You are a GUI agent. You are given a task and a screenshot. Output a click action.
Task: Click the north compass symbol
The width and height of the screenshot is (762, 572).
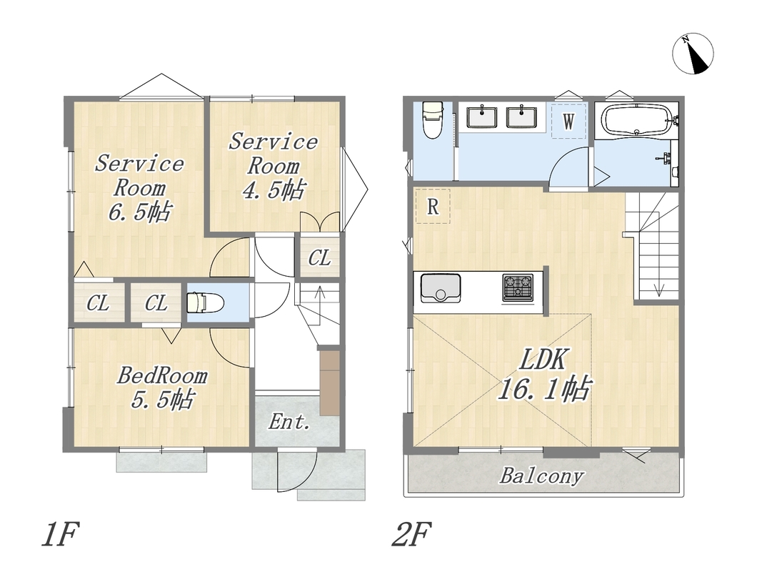point(693,54)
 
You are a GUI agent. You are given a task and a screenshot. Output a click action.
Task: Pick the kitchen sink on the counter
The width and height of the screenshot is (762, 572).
point(441,288)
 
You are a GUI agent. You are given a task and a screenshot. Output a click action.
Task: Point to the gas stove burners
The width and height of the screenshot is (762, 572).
point(518,287)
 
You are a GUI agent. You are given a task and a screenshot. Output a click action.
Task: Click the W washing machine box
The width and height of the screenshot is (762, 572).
point(569,121)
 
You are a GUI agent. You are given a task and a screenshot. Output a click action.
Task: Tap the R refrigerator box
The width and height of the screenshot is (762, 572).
point(432,206)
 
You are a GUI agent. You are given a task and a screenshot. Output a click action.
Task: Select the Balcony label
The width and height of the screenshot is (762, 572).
point(541,476)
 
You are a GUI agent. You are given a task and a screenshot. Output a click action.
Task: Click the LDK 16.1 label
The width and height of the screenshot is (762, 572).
point(543,375)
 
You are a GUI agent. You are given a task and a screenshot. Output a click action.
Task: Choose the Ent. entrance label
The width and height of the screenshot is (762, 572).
point(289,421)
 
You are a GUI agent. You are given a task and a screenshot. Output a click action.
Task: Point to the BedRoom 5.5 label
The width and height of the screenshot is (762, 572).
point(162,388)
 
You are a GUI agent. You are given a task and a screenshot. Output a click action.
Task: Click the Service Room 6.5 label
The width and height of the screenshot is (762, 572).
point(139,188)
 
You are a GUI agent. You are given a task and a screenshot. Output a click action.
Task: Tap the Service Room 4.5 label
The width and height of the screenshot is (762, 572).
point(273,166)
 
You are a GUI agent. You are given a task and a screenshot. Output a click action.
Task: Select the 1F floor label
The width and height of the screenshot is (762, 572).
point(60,534)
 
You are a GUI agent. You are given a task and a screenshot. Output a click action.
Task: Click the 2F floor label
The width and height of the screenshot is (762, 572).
point(411,534)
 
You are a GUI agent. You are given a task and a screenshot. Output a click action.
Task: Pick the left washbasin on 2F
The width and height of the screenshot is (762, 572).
point(482,117)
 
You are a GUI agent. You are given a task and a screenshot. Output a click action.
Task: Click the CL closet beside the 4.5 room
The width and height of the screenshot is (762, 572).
point(319,257)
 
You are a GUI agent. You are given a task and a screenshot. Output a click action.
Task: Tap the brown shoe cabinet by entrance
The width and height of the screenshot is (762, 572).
point(329,383)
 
